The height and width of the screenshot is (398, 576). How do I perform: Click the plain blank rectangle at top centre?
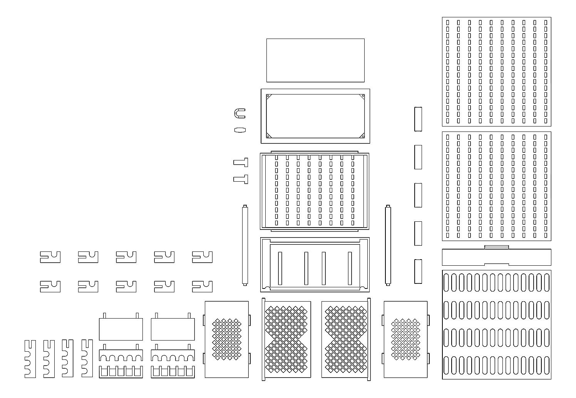[315, 60]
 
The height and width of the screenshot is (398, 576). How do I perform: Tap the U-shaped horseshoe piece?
[239, 114]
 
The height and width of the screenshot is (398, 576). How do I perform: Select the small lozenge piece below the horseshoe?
[240, 130]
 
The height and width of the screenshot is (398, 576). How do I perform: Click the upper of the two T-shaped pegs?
[241, 162]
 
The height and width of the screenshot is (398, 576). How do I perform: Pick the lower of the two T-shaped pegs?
[241, 179]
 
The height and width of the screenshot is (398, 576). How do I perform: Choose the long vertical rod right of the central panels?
[388, 245]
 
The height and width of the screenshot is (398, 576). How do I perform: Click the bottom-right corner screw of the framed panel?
[362, 136]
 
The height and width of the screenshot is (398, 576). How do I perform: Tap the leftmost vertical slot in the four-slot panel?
[280, 268]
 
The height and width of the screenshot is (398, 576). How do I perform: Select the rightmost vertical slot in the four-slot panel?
[350, 268]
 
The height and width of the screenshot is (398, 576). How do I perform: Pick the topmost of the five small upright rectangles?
[418, 119]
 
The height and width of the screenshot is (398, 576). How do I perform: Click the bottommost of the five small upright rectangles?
[418, 271]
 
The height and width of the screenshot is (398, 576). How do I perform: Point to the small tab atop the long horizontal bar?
[497, 247]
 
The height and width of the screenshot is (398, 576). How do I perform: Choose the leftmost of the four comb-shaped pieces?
[30, 359]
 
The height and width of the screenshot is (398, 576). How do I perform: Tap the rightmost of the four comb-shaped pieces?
[87, 359]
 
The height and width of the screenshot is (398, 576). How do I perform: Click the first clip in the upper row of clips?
[50, 257]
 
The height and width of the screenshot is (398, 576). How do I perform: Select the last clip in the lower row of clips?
[202, 287]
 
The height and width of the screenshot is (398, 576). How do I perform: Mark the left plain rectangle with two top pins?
[121, 329]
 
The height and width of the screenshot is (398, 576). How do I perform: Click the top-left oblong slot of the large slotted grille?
[447, 282]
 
